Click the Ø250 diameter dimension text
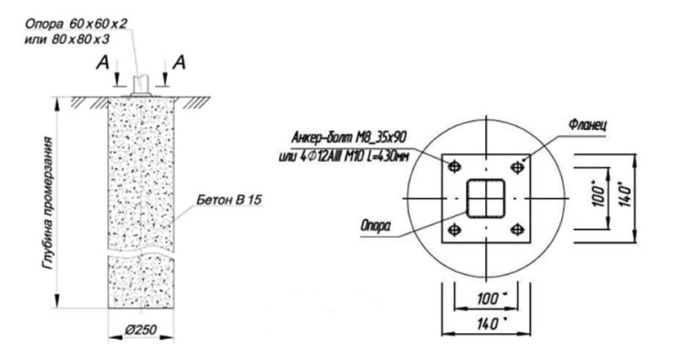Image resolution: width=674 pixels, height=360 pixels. coord(141,330)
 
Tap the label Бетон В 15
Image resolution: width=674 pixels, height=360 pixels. coord(229,200)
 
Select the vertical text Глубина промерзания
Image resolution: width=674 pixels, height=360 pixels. coord(48,202)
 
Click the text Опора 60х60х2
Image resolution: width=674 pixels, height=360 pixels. coord(76,24)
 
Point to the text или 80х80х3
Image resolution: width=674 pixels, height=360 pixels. coord(67,39)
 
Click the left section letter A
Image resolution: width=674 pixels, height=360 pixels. coord(102,62)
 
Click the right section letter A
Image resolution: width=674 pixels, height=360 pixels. coord(179,62)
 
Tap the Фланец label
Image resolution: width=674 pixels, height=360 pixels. coord(587,125)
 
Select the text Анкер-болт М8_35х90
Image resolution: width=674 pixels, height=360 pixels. coord(349,137)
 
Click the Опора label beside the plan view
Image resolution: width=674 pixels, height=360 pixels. coord(376,226)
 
